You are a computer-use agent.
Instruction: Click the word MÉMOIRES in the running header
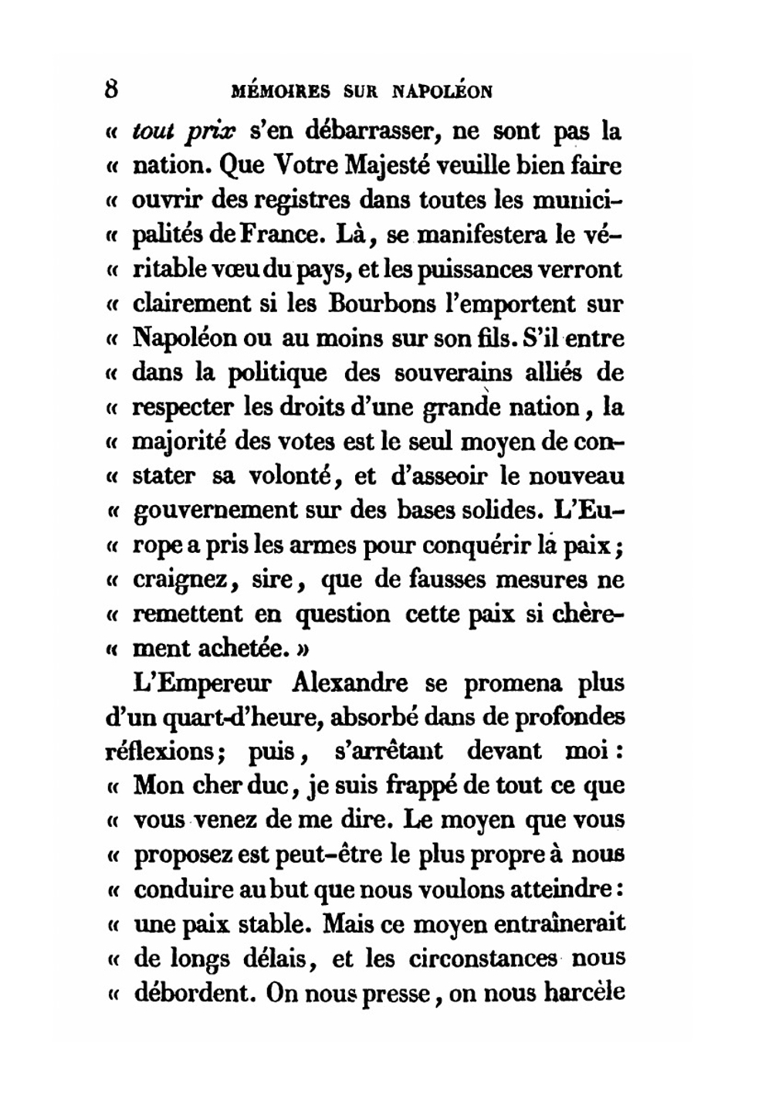pyautogui.click(x=281, y=91)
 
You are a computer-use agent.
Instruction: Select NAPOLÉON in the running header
pyautogui.click(x=442, y=91)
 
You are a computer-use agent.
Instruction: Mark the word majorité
pyautogui.click(x=179, y=442)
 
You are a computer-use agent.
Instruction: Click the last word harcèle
pyautogui.click(x=584, y=992)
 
